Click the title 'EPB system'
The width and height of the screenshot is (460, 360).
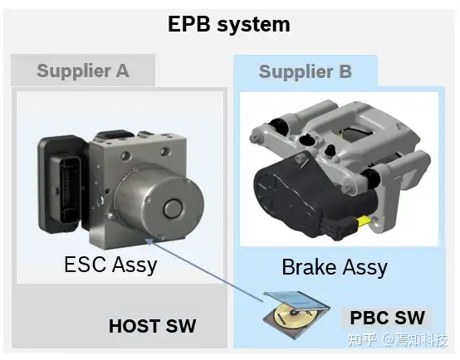[x=229, y=24]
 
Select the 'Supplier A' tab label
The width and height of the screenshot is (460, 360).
[x=83, y=71]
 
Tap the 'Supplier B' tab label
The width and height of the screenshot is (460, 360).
[x=305, y=72]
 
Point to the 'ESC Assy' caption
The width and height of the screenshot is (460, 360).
[x=110, y=265]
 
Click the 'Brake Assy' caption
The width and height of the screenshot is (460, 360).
[x=335, y=267]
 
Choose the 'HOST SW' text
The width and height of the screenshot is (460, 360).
[x=152, y=326]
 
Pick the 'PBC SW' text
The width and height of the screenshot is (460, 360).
[x=387, y=318]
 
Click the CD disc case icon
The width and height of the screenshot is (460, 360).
[x=296, y=314]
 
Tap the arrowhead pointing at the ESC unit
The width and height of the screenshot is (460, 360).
[x=149, y=241]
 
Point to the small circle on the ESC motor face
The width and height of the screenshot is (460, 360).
[x=173, y=208]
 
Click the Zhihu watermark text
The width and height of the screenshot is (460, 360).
[x=398, y=340]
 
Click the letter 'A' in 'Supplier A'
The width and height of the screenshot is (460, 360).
[x=122, y=71]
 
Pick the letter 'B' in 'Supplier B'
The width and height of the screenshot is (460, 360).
[x=345, y=71]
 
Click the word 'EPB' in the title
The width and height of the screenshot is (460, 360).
[x=189, y=23]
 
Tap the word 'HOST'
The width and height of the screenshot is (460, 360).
[x=134, y=326]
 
